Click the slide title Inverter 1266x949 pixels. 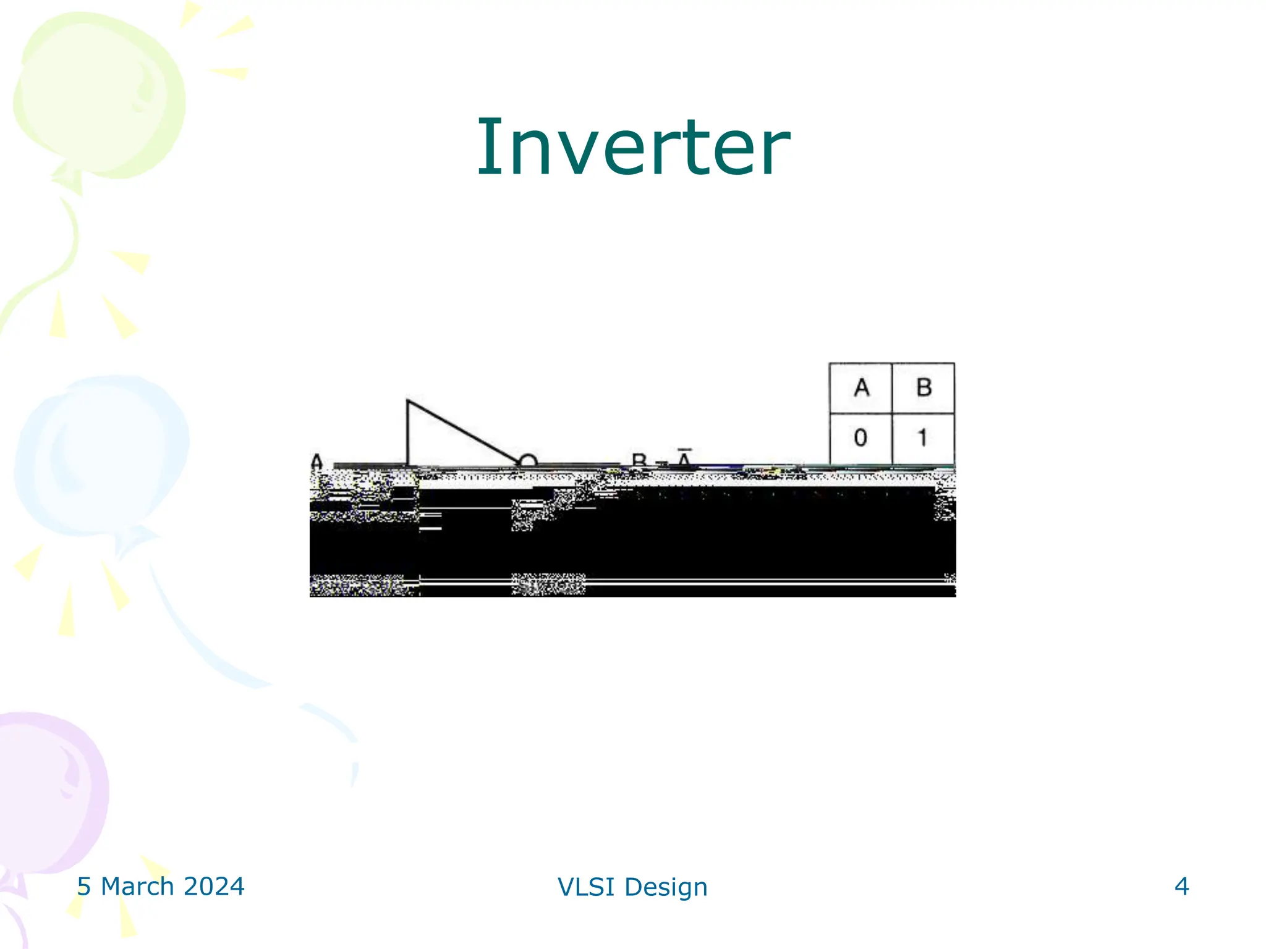633,148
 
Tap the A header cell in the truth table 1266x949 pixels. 860,388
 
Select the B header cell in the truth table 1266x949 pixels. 924,388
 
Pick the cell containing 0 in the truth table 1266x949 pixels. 860,438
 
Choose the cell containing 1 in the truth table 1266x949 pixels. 923,438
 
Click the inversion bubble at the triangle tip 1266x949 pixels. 527,461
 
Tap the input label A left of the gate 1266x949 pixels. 316,462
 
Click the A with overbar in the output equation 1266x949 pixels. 684,459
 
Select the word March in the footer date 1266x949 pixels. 137,887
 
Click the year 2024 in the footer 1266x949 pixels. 214,887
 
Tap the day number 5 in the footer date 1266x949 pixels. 84,887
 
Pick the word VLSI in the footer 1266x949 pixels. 585,887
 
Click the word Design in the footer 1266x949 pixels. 666,887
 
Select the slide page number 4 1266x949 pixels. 1181,887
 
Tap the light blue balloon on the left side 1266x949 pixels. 102,454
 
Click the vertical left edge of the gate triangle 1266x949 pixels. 407,432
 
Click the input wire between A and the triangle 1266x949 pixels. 370,465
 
